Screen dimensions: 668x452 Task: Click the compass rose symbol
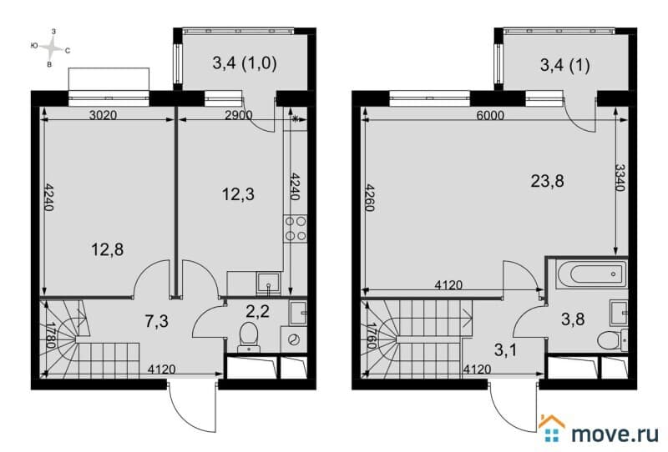click(x=51, y=48)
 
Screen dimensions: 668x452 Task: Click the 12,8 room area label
click(x=108, y=249)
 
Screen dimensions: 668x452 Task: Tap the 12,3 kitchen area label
click(x=238, y=194)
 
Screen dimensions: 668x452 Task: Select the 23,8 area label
click(x=548, y=181)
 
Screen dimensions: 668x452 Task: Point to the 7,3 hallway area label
click(x=156, y=321)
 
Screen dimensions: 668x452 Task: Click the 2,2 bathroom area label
click(x=257, y=312)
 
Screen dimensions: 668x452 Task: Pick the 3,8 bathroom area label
click(x=573, y=319)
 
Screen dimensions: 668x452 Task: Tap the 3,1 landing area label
click(x=505, y=350)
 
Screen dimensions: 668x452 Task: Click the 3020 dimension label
click(x=103, y=115)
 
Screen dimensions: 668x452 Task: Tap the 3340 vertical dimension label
click(x=620, y=178)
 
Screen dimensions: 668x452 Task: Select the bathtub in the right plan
click(x=592, y=274)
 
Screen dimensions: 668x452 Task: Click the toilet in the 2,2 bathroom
click(x=248, y=337)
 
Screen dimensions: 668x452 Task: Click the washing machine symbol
click(x=294, y=339)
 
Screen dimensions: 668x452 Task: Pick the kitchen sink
click(x=268, y=283)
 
